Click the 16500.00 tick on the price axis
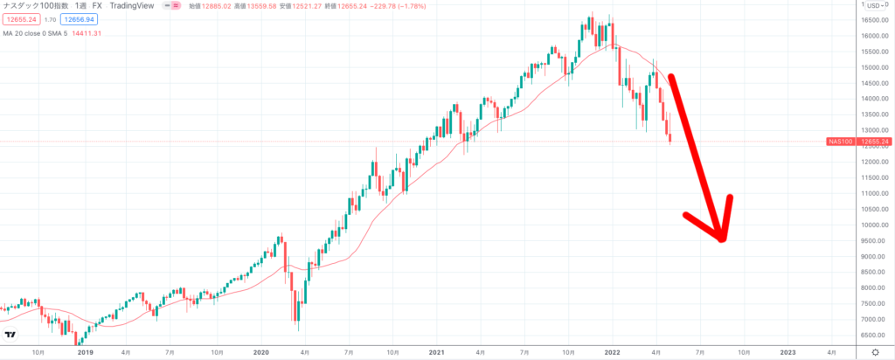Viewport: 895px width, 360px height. (x=871, y=19)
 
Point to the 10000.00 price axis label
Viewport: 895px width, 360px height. (x=871, y=225)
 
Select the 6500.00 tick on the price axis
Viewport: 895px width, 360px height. (x=871, y=335)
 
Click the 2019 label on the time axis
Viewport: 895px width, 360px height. (x=85, y=352)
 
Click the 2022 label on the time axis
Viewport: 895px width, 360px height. (x=612, y=352)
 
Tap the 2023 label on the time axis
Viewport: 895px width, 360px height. (x=787, y=352)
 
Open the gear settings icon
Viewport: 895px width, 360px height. (x=875, y=352)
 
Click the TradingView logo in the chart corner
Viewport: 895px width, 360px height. (x=10, y=335)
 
